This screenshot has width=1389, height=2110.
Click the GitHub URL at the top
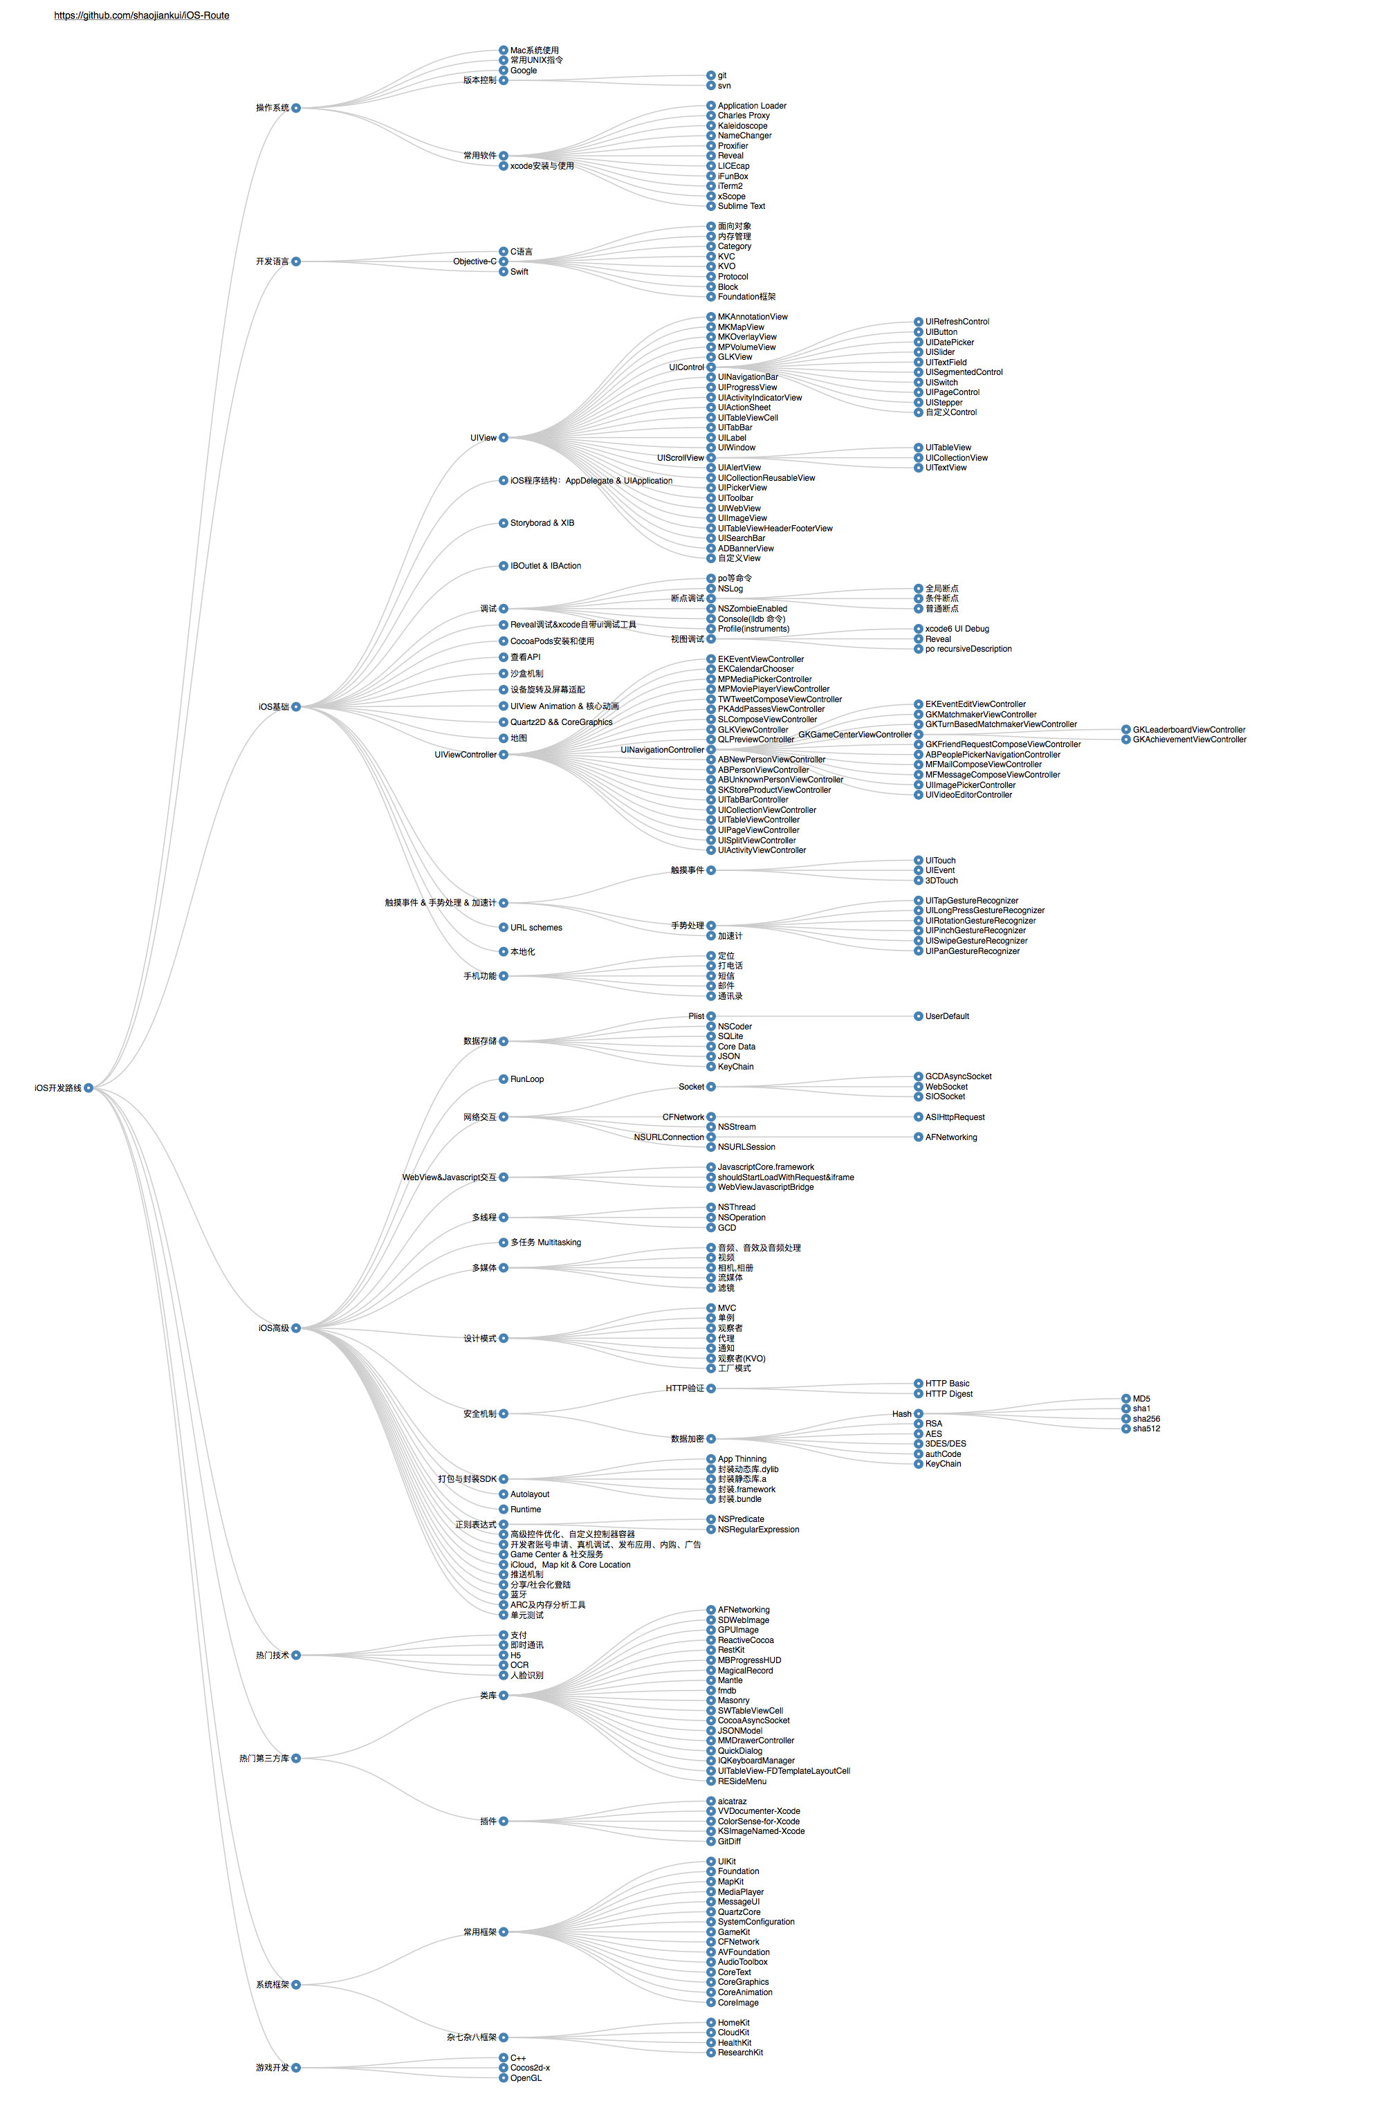tap(142, 16)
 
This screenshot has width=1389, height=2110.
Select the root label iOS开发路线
tap(57, 1088)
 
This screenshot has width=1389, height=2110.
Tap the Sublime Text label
tap(741, 205)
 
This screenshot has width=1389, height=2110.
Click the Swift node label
tap(519, 272)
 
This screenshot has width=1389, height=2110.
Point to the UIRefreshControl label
tap(957, 322)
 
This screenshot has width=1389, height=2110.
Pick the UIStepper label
tap(944, 403)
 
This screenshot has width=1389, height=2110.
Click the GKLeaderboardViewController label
tap(1188, 730)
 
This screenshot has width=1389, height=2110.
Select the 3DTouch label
tap(941, 881)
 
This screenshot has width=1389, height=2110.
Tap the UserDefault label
tap(947, 1016)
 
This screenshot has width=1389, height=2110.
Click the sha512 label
tap(1146, 1429)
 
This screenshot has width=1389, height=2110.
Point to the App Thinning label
tap(742, 1458)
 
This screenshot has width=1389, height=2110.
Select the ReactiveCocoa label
tap(746, 1640)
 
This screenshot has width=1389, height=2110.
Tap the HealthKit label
tap(735, 2043)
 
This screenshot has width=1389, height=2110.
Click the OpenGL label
tap(526, 2077)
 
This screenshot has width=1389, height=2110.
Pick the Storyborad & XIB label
tap(542, 523)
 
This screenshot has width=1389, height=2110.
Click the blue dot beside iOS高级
tap(296, 1328)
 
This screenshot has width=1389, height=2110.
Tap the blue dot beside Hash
tap(919, 1414)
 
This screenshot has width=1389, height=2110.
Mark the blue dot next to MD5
tap(1125, 1399)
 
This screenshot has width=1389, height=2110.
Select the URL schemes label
tap(536, 927)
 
